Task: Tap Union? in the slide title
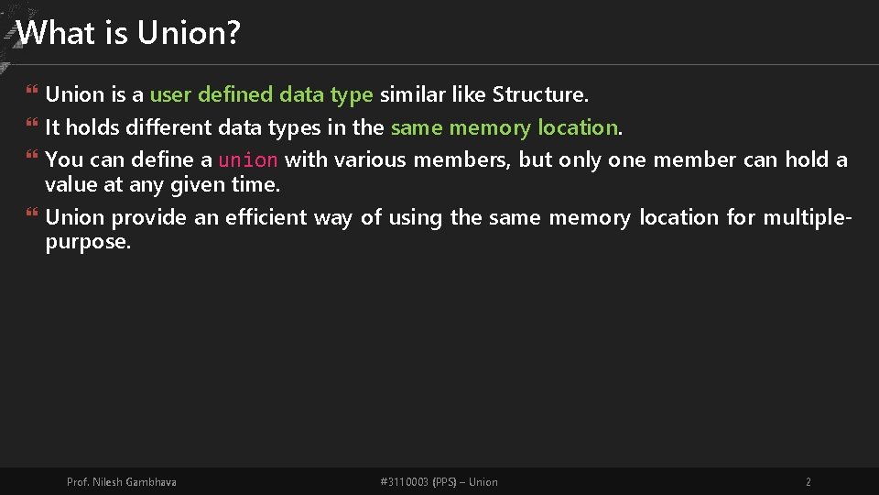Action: pyautogui.click(x=189, y=33)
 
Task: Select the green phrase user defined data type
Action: pyautogui.click(x=261, y=94)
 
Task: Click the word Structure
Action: pyautogui.click(x=540, y=94)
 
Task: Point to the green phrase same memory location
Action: pyautogui.click(x=505, y=127)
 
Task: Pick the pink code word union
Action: pyautogui.click(x=247, y=160)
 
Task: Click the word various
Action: pyautogui.click(x=371, y=159)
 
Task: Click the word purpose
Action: pyautogui.click(x=88, y=242)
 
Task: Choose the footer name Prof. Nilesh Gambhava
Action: pyautogui.click(x=122, y=482)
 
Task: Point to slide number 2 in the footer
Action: pyautogui.click(x=808, y=482)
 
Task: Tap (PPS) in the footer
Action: pyautogui.click(x=446, y=482)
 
